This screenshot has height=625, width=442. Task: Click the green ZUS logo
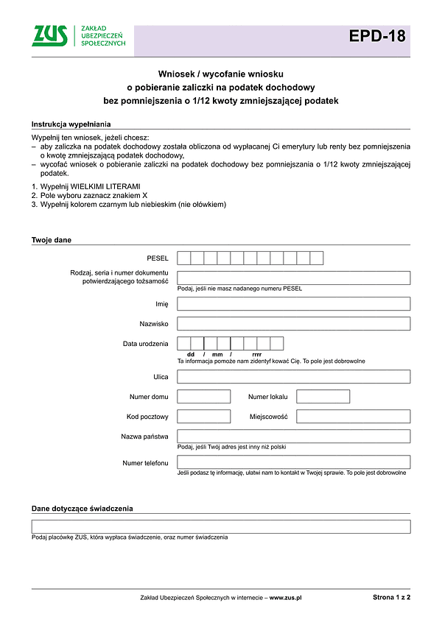coord(50,35)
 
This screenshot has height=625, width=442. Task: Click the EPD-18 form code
coord(377,36)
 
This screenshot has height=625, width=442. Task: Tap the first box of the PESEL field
coord(184,258)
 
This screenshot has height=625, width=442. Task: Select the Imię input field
coord(293,304)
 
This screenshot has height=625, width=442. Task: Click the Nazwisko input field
coord(293,323)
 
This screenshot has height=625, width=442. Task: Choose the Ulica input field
coord(293,377)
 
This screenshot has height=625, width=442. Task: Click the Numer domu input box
coord(204,397)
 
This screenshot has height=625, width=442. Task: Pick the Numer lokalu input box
coord(323,397)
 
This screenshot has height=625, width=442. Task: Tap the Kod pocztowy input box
coord(204,417)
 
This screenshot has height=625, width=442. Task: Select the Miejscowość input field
coord(353,417)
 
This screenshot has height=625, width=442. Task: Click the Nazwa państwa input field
coord(293,437)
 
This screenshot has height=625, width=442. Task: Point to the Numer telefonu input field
coord(293,462)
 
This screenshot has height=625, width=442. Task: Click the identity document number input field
coord(293,278)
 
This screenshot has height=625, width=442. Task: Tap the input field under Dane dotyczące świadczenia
coord(221,526)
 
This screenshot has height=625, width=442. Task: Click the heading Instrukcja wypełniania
coord(71,124)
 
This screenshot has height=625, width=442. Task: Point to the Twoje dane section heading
coord(52,240)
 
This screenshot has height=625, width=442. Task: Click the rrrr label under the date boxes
coord(256,355)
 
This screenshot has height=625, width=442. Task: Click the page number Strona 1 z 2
coord(392,598)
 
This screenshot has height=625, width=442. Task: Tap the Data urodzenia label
coord(145,344)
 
